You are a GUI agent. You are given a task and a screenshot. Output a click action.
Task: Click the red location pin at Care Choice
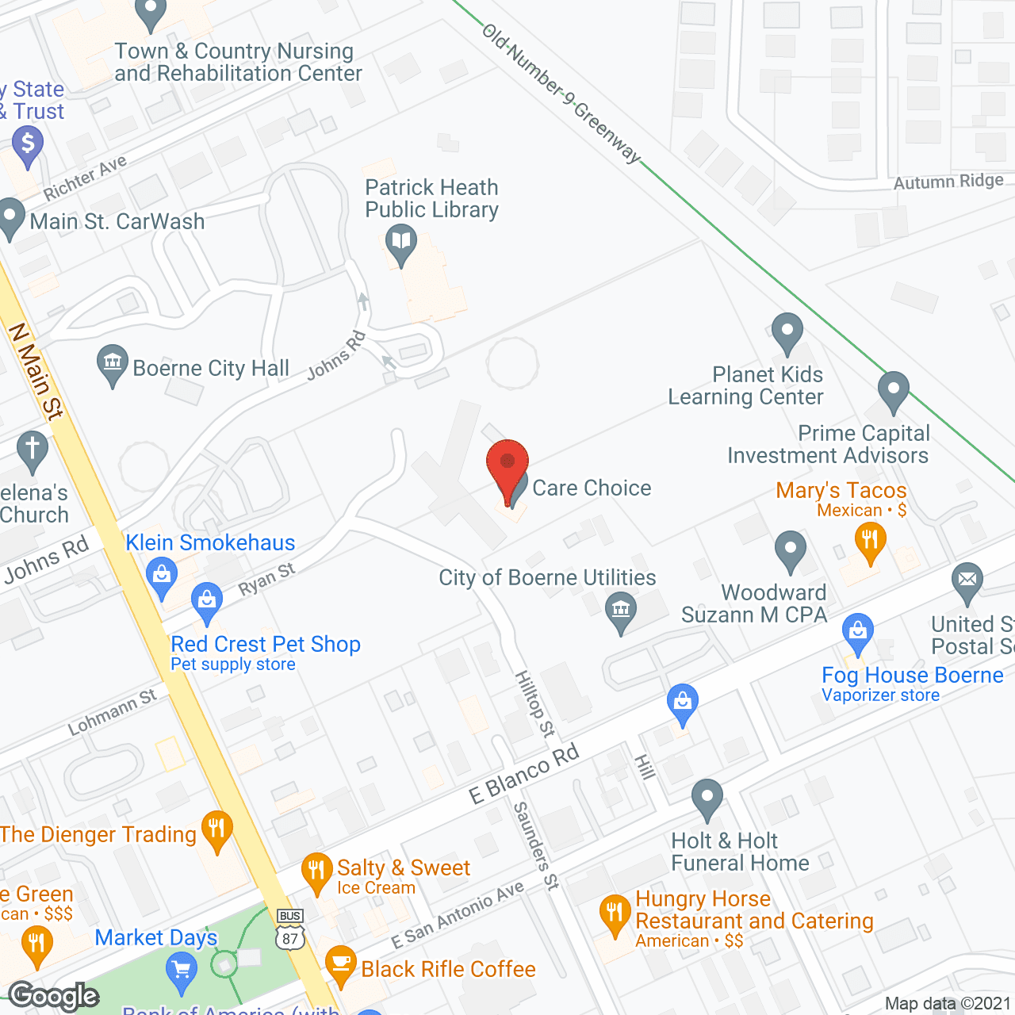tap(507, 467)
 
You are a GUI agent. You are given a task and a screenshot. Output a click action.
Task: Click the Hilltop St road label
tap(535, 703)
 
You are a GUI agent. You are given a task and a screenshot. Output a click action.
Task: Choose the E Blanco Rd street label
tap(524, 773)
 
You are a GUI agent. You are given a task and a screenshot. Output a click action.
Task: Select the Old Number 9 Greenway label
tap(561, 94)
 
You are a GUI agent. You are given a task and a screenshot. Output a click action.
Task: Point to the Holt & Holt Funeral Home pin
tap(707, 798)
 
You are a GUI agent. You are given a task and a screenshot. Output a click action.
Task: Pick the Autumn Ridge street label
tap(948, 182)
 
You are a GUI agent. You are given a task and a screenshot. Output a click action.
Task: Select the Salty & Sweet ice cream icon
tap(316, 871)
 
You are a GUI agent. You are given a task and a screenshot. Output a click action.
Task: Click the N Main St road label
tap(36, 371)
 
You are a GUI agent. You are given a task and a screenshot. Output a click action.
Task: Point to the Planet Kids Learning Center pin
tap(787, 331)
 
